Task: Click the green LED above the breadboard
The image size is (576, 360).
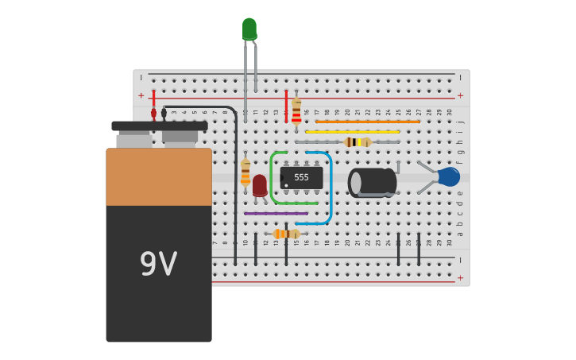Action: click(249, 29)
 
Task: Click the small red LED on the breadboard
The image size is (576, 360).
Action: click(260, 184)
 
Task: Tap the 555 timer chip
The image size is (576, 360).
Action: click(302, 177)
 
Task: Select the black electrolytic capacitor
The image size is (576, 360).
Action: click(372, 182)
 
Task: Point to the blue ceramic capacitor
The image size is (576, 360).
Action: click(448, 176)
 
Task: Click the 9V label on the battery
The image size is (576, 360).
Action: click(158, 264)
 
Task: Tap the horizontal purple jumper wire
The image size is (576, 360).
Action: click(276, 213)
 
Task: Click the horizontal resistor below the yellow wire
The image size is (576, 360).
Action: click(357, 142)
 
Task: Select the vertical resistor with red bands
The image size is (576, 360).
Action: click(296, 112)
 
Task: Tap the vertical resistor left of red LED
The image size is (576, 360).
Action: click(245, 172)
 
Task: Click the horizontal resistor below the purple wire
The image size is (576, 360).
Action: click(286, 234)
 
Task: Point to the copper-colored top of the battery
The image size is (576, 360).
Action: click(159, 176)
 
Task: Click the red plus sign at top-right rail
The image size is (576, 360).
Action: click(460, 95)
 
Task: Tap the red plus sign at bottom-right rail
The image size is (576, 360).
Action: click(460, 277)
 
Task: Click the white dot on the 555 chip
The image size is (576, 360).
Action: click(286, 185)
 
